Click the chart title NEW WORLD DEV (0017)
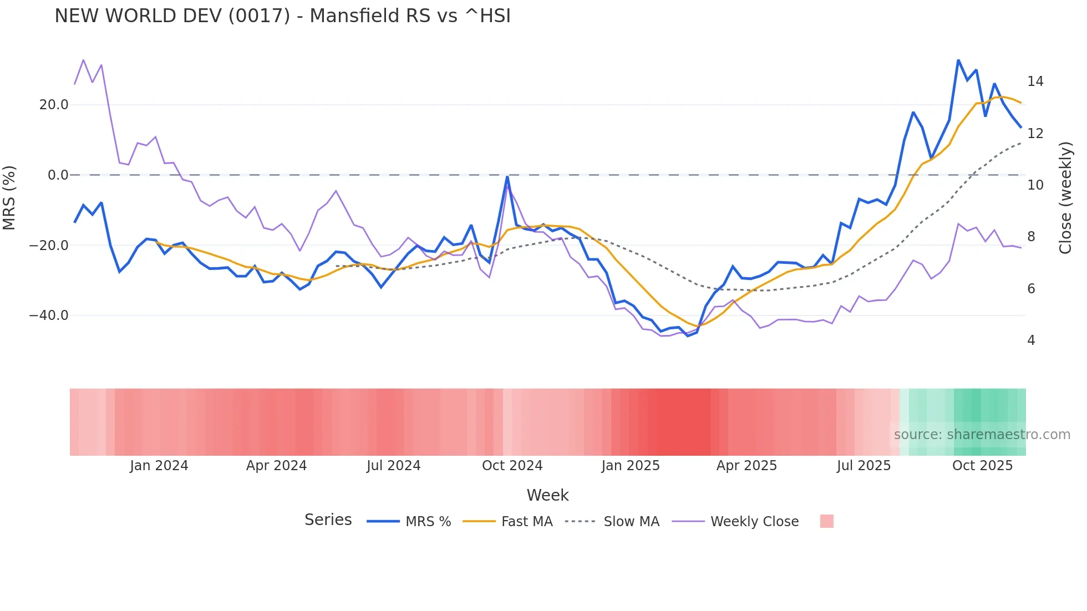click(282, 16)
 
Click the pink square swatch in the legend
click(826, 521)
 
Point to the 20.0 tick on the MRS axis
click(53, 105)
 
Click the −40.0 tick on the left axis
click(49, 315)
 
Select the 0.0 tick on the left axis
click(58, 175)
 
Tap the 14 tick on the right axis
click(1035, 82)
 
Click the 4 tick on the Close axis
click(1031, 340)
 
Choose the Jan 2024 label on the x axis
click(159, 466)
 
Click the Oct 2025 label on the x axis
click(982, 466)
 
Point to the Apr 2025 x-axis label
click(746, 466)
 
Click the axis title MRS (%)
click(9, 197)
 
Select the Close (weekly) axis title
click(1065, 197)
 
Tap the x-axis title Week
click(547, 495)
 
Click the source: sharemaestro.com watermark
click(982, 435)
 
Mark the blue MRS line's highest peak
click(958, 60)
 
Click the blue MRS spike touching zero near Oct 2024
click(507, 177)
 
